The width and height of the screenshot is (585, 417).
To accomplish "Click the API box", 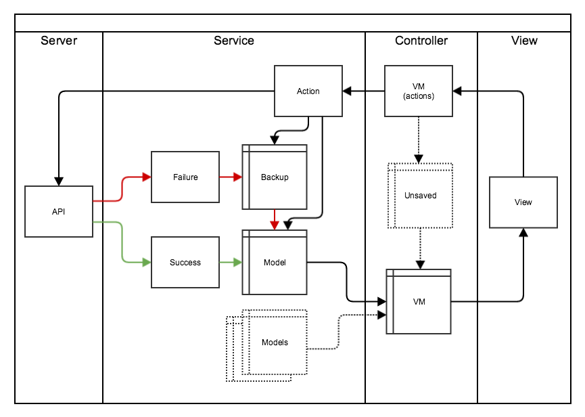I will pyautogui.click(x=59, y=211).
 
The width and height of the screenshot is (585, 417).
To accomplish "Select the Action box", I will pyautogui.click(x=308, y=91).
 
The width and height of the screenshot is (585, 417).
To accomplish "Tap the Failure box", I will pyautogui.click(x=185, y=177).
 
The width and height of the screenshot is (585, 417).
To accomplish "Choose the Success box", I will pyautogui.click(x=185, y=262).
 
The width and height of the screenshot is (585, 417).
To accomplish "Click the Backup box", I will pyautogui.click(x=275, y=177).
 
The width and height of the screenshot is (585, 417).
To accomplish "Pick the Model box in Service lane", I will pyautogui.click(x=275, y=262).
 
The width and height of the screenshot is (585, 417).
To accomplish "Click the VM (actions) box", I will pyautogui.click(x=419, y=91).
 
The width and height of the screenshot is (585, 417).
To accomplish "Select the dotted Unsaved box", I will pyautogui.click(x=420, y=196).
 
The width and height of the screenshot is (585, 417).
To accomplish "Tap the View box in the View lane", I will pyautogui.click(x=523, y=202).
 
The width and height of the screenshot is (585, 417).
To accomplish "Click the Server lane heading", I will pyautogui.click(x=59, y=41).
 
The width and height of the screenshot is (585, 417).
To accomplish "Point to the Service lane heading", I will pyautogui.click(x=234, y=41).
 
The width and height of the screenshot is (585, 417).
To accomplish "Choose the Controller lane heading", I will pyautogui.click(x=421, y=41).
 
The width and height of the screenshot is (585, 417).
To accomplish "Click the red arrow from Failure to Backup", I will pyautogui.click(x=230, y=177).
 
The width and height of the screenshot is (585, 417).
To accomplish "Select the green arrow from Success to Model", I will pyautogui.click(x=230, y=262).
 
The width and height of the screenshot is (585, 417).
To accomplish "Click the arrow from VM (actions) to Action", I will pyautogui.click(x=363, y=91).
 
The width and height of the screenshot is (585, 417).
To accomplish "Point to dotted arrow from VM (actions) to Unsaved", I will pyautogui.click(x=419, y=139).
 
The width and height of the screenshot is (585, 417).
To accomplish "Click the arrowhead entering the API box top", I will pyautogui.click(x=59, y=181).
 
